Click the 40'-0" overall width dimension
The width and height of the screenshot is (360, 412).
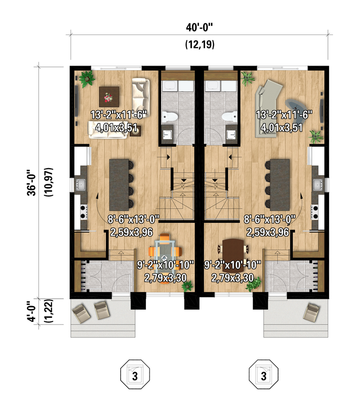pos(199,27)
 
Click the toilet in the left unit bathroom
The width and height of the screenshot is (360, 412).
pos(166,117)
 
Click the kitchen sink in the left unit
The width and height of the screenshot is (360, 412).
pos(80,184)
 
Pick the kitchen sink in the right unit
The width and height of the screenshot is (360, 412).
pos(318,184)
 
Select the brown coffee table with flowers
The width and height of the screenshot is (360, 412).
pos(109,97)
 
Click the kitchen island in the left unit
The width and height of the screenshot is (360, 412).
pos(119,185)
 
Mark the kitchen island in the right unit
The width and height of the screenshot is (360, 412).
pos(279,185)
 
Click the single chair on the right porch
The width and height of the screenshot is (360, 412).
pos(311,312)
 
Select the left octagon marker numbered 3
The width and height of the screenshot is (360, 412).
pos(135,374)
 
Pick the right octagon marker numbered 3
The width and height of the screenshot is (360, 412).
pos(263,374)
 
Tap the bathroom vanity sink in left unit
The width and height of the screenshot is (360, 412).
pos(167,135)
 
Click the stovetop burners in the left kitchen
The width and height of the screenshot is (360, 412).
pos(83,212)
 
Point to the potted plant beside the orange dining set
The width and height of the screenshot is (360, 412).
pos(187,286)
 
